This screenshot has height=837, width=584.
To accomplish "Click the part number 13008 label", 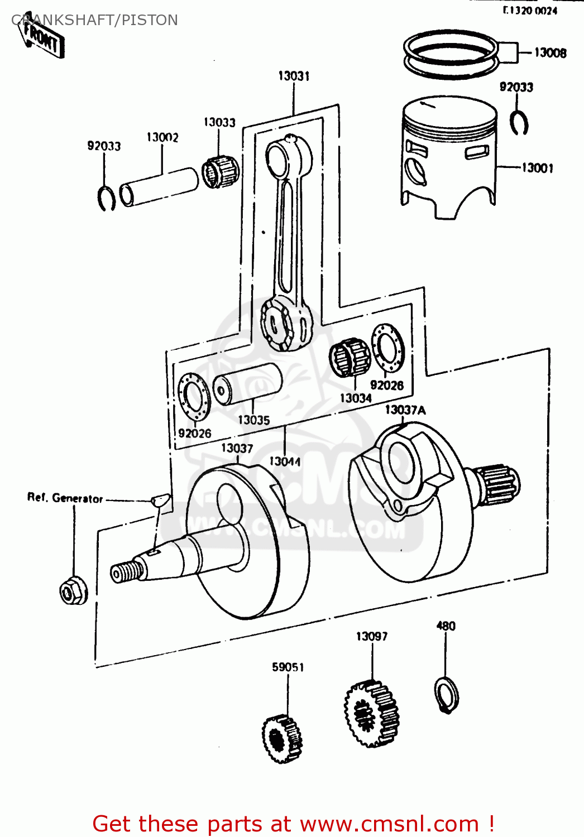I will (x=550, y=52).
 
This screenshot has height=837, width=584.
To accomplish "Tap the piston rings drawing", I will (x=451, y=54).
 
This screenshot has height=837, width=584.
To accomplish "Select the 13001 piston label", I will (x=537, y=167).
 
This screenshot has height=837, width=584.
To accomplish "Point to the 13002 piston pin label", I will (x=162, y=137).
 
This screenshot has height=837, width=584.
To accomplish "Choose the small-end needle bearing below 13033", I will (x=220, y=171).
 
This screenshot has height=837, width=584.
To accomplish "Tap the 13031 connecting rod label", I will (x=294, y=76).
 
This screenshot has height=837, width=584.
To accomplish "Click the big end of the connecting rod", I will (x=285, y=323).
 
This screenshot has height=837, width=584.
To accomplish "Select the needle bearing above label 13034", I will (x=350, y=357).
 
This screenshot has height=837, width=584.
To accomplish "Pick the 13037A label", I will (x=405, y=410).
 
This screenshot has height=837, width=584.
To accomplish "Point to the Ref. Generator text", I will (x=65, y=498).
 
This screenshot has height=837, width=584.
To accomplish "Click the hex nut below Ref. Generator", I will (x=73, y=590).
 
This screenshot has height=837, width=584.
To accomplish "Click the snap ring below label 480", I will (x=447, y=694).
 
